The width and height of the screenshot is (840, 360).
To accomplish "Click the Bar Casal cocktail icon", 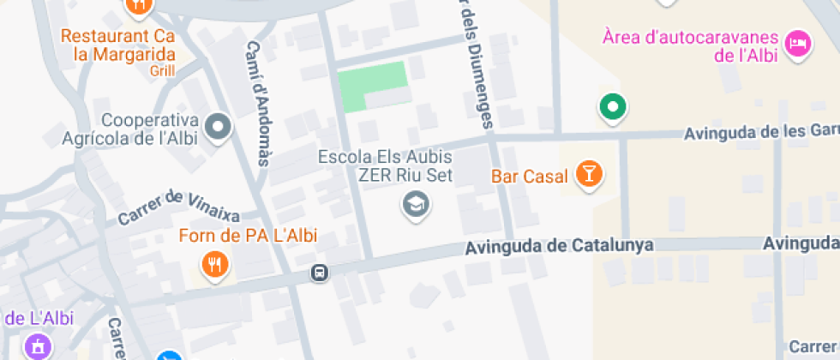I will (x=589, y=173).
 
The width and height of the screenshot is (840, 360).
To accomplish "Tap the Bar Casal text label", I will (x=530, y=177).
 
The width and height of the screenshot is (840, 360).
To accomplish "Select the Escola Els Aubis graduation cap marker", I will (x=417, y=205).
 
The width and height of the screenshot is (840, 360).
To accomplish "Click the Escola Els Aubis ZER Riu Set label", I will (x=385, y=166).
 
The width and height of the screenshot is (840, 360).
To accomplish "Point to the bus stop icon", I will (x=319, y=273).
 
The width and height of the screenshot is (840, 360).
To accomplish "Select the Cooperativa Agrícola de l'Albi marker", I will (x=219, y=129).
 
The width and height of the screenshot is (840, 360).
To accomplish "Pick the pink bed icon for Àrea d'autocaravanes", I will (x=798, y=43).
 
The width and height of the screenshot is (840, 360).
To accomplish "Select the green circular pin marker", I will (x=612, y=106).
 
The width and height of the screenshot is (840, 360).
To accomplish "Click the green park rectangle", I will (x=372, y=86).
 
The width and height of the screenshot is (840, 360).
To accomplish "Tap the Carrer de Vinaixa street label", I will (x=180, y=208).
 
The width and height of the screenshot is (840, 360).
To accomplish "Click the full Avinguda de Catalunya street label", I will (x=559, y=247).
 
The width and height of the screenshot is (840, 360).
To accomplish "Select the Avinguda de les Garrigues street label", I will (x=762, y=133).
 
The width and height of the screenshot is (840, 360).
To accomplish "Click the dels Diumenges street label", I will (x=477, y=64).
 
